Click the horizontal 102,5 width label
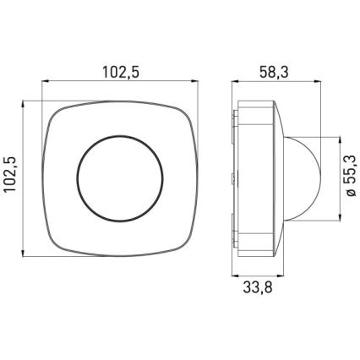pyautogui.click(x=120, y=72)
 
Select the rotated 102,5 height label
pyautogui.click(x=12, y=179)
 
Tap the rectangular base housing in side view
pyautogui.click(x=257, y=179)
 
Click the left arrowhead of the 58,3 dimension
pyautogui.click(x=236, y=83)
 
